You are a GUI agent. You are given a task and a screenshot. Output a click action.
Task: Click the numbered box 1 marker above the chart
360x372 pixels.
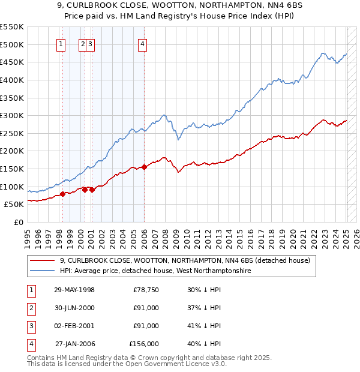pyautogui.click(x=61, y=43)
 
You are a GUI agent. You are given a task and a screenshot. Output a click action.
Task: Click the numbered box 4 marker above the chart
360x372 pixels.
pyautogui.click(x=142, y=43)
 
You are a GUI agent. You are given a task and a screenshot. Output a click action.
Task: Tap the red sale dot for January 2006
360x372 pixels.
pyautogui.click(x=145, y=167)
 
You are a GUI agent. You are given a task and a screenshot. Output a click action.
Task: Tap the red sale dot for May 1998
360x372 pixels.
pyautogui.click(x=62, y=194)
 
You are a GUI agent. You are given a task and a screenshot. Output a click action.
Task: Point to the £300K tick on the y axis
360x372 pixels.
pyautogui.click(x=13, y=115)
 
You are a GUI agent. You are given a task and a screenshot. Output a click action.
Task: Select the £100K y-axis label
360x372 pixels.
pyautogui.click(x=13, y=187)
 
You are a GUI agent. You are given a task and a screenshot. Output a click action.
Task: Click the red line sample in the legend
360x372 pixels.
pyautogui.click(x=43, y=260)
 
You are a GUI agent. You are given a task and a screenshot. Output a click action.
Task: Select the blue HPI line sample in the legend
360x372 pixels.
pyautogui.click(x=43, y=271)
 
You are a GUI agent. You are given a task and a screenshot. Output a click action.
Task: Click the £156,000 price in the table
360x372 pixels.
pyautogui.click(x=144, y=344)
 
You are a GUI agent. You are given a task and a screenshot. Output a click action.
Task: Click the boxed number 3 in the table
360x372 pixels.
pyautogui.click(x=31, y=326)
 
